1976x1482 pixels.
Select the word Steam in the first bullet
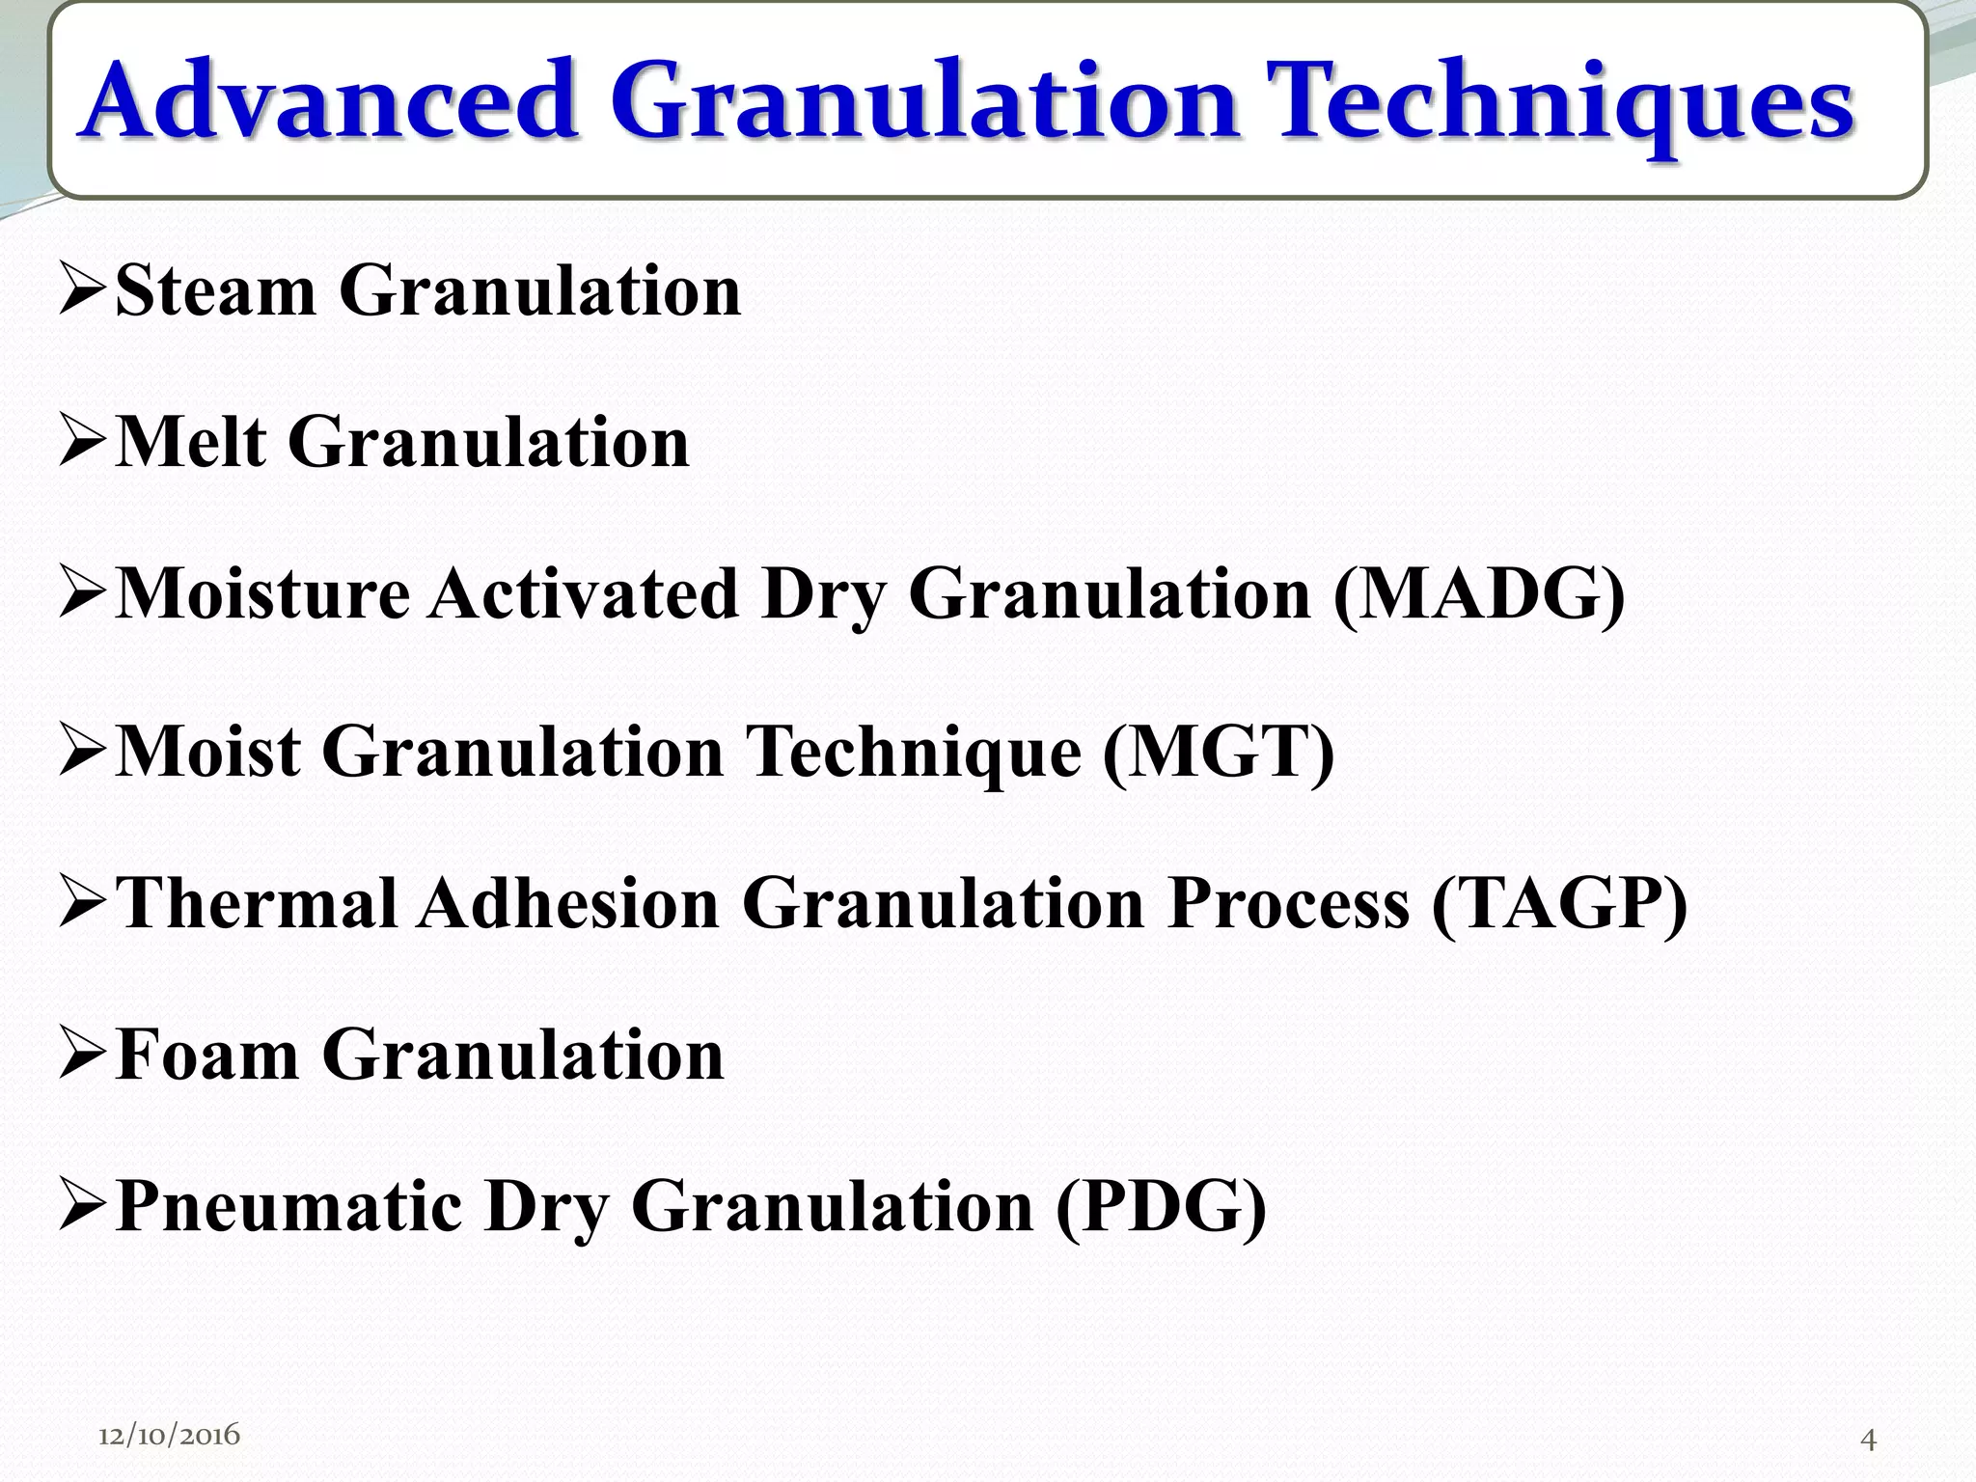click(214, 290)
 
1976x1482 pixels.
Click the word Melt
click(190, 442)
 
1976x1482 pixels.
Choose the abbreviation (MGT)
click(1218, 751)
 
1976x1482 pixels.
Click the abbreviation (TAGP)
click(1559, 904)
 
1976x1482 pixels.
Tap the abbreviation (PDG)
click(1160, 1207)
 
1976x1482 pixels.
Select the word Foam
click(206, 1055)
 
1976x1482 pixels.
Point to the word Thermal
click(257, 904)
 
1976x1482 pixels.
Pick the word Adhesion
click(569, 904)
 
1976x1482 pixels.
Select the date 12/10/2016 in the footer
click(169, 1435)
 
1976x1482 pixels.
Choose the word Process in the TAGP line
click(1288, 904)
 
